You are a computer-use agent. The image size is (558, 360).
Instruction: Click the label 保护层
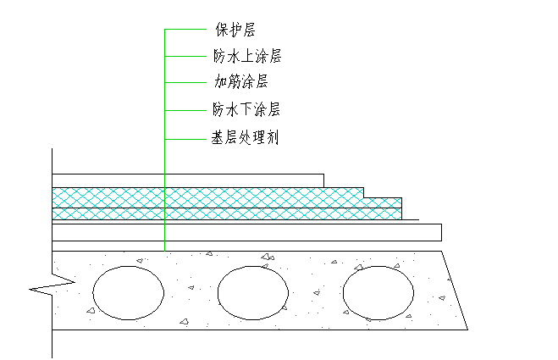[x=235, y=31]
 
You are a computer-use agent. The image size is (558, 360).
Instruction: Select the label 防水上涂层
[x=246, y=57]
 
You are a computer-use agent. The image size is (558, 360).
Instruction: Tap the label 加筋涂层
[x=240, y=83]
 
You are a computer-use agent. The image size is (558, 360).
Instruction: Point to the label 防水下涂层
[x=246, y=109]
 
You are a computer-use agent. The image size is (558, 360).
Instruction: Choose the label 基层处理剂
[x=246, y=136]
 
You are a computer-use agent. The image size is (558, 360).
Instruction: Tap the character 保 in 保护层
[x=221, y=31]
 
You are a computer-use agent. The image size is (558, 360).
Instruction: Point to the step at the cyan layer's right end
[x=364, y=193]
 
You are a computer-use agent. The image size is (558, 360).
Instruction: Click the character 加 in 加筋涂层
[x=220, y=83]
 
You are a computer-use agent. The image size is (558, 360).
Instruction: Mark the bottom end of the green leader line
[x=164, y=251]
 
